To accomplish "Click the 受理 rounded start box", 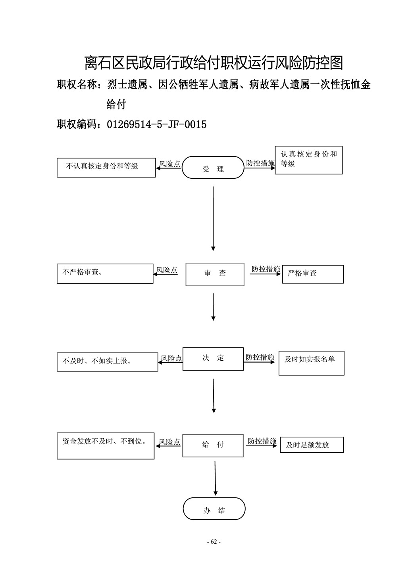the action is point(213,167).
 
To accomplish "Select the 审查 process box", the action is point(215,274).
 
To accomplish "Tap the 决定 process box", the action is point(213,359).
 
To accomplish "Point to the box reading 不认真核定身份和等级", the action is point(106,168).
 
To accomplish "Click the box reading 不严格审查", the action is point(105,273).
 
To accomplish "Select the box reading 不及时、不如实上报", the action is point(107,362).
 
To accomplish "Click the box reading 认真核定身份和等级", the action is point(308,160).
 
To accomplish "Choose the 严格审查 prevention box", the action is point(313,274).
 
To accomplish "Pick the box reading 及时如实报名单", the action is point(312,363).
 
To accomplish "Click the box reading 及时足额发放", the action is point(312,445).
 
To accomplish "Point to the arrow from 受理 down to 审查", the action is point(213,219).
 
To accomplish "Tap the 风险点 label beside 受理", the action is point(169,164).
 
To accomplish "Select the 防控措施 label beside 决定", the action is point(260,357).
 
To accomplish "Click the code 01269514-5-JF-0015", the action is point(157,124).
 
